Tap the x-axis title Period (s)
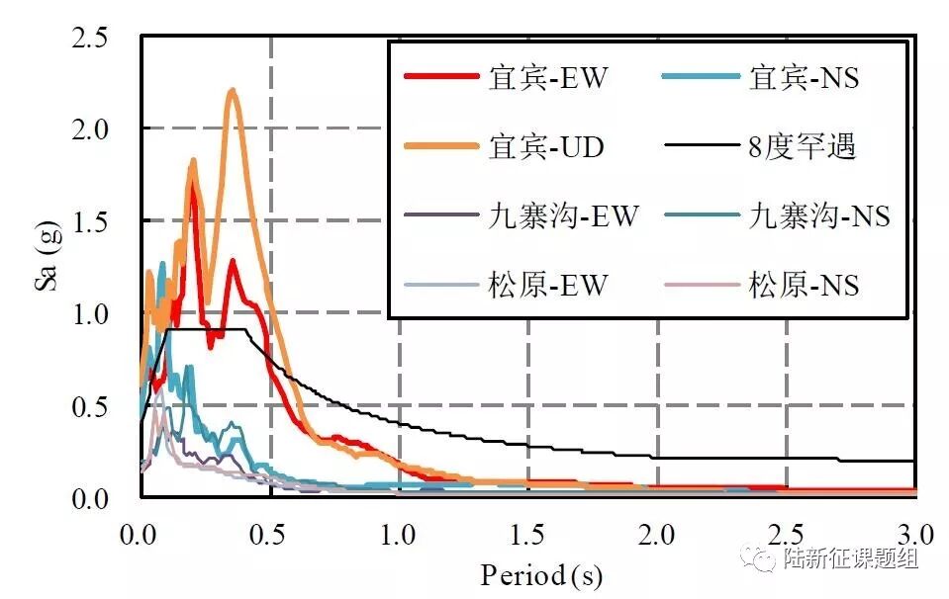540,574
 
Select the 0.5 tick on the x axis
269,535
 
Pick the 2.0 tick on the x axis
657,535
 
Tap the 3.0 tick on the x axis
914,535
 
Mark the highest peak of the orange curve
233,91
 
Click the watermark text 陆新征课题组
850,559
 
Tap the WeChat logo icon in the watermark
764,559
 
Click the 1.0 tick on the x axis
399,535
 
